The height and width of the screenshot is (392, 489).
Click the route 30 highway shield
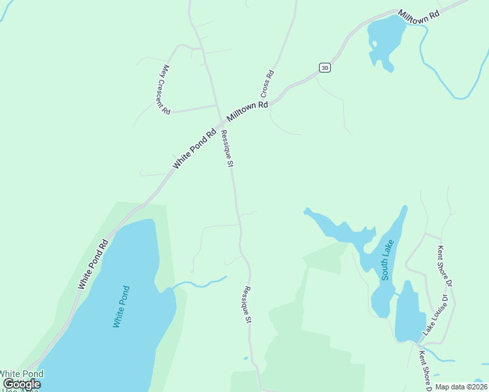325,67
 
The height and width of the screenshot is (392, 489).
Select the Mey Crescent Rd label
166,90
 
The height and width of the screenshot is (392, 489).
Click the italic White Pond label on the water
122,306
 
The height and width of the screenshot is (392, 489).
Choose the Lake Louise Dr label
436,315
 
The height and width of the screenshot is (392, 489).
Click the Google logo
22,384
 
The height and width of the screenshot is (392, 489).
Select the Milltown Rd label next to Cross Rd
248,111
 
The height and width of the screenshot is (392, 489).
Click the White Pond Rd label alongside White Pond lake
92,265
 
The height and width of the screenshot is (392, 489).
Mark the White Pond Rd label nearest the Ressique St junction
194,149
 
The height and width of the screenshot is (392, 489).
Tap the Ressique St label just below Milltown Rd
226,148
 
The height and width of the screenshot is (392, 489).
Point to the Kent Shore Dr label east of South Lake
445,265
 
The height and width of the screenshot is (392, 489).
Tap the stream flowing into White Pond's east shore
199,284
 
